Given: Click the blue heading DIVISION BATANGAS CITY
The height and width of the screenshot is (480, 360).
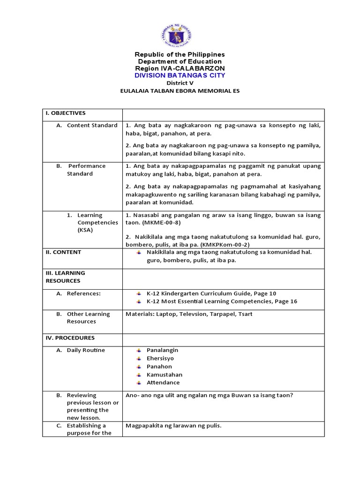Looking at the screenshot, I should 180,75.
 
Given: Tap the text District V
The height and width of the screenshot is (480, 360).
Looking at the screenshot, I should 180,83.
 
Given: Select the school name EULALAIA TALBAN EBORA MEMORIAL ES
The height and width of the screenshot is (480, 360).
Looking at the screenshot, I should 180,91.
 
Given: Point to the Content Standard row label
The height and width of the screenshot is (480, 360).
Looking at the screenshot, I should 92,126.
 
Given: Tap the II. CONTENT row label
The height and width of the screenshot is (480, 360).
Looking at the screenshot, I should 63,252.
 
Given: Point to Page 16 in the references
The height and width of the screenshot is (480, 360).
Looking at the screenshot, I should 285,301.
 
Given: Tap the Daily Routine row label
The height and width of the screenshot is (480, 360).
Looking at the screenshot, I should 86,350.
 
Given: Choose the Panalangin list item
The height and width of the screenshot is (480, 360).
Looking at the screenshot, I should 162,350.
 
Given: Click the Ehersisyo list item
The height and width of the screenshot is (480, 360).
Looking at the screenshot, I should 160,359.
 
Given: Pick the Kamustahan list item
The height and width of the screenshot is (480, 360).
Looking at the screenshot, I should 164,375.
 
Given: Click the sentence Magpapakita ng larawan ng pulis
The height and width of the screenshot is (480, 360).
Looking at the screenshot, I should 173,426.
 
